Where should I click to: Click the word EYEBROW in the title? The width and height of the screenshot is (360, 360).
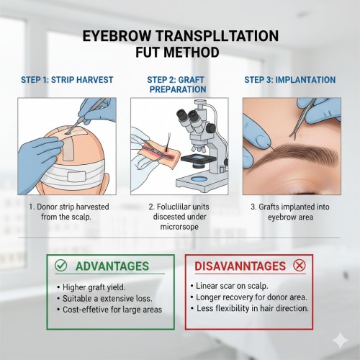(x=117, y=36)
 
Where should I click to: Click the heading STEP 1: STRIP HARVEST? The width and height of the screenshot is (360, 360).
(x=67, y=80)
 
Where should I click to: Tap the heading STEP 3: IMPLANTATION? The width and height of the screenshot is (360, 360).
(x=290, y=80)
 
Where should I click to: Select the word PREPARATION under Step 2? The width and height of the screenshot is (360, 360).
(x=178, y=89)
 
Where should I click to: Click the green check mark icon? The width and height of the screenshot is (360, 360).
(x=60, y=266)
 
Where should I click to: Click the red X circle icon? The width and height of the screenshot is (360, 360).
(x=300, y=266)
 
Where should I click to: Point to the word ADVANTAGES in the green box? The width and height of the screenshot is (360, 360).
(x=112, y=266)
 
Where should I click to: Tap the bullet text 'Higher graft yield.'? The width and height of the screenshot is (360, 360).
(x=94, y=287)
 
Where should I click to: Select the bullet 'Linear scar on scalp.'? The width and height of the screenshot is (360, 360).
(x=232, y=286)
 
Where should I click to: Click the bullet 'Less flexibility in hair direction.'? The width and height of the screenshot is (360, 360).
(x=253, y=308)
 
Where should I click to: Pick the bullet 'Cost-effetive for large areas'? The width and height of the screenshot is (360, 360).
(x=112, y=310)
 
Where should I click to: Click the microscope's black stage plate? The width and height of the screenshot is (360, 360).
(x=199, y=158)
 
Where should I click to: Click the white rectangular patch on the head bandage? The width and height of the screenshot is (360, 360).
(x=77, y=177)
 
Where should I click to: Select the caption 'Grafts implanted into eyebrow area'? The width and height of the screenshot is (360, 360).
(x=290, y=212)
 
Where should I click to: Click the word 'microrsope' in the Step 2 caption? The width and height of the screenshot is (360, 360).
(x=179, y=227)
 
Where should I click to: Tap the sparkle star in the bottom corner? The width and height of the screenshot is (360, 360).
(x=341, y=341)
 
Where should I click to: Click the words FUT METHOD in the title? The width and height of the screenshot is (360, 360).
(x=177, y=52)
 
